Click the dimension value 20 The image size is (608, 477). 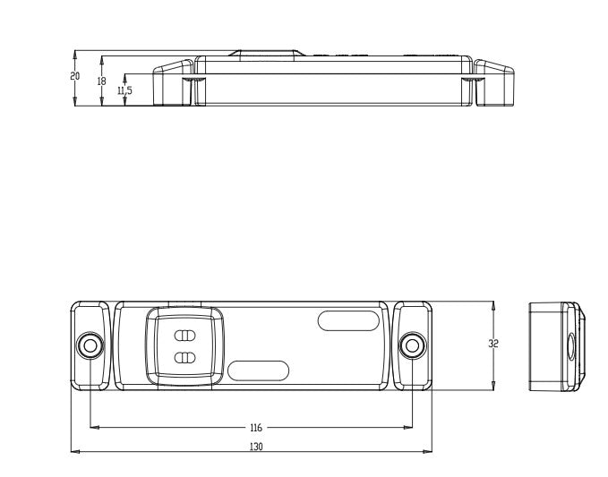(75, 76)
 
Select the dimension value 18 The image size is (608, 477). (101, 81)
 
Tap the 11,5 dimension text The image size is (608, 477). (124, 90)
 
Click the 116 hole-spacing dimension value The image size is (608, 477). (256, 428)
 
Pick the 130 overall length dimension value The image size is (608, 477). (256, 447)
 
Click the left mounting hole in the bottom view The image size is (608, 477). (90, 345)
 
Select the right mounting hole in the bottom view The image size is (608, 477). (412, 345)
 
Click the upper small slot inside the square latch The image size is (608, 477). (185, 336)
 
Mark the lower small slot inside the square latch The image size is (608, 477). (185, 358)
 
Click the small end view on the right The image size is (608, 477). (555, 345)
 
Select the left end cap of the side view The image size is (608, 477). (174, 82)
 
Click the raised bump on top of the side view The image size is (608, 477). (264, 53)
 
